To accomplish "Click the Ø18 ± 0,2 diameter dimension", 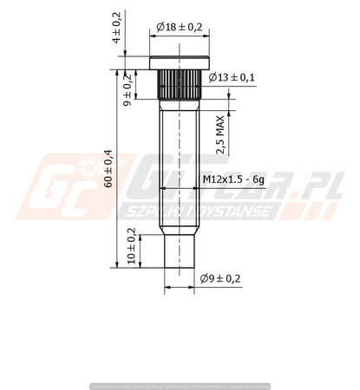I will (180, 28).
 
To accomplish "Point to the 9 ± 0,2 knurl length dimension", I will (128, 91).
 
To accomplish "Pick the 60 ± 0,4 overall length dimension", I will (108, 169).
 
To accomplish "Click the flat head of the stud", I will (180, 62).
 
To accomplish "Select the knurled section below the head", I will (180, 83).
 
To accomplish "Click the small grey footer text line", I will (180, 383).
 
